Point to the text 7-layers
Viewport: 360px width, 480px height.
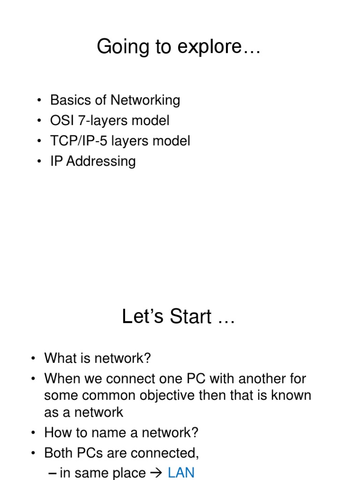pyautogui.click(x=99, y=121)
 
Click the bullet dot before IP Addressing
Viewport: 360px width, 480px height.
pyautogui.click(x=39, y=162)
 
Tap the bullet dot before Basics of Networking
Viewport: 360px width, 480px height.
pyautogui.click(x=39, y=100)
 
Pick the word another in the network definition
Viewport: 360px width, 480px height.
pyautogui.click(x=247, y=378)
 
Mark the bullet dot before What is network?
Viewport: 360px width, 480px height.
pyautogui.click(x=34, y=359)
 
